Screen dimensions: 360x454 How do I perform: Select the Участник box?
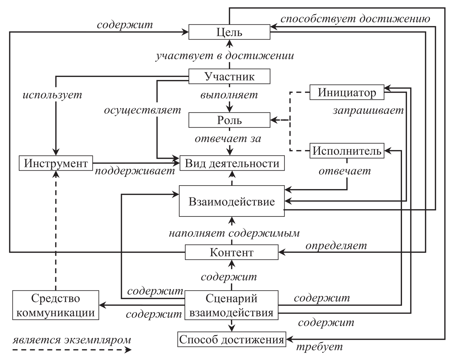point(229,76)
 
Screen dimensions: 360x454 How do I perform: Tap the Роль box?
point(229,120)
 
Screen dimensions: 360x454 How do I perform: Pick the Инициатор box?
point(347,92)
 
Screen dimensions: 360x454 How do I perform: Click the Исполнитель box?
point(347,151)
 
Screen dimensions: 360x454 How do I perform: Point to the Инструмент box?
point(56,163)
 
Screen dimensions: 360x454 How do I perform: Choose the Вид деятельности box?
point(232,163)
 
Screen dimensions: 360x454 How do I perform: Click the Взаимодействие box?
point(232,201)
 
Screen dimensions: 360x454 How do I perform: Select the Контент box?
point(232,252)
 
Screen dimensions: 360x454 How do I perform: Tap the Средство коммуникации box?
point(56,305)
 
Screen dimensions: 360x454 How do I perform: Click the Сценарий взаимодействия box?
point(232,305)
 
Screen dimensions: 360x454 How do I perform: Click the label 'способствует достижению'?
point(355,19)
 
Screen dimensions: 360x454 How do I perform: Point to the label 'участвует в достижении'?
point(225,56)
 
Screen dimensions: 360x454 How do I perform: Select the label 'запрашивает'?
point(368,111)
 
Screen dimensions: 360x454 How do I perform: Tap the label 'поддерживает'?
point(135,171)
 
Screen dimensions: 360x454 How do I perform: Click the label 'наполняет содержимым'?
point(234,233)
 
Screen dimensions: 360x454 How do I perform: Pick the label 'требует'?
point(320,347)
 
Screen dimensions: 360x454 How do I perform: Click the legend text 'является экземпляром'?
point(72,339)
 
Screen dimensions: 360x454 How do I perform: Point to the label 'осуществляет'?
point(142,110)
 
